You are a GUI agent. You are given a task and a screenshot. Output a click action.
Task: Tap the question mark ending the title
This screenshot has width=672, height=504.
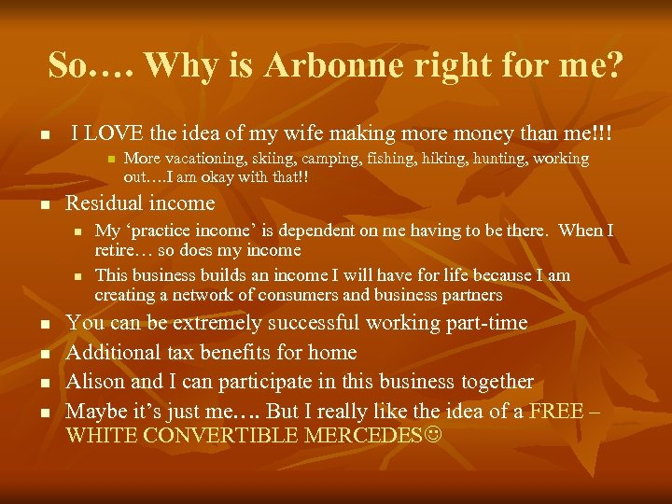click(616, 64)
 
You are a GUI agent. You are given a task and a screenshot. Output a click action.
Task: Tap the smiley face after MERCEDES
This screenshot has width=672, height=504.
click(435, 435)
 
